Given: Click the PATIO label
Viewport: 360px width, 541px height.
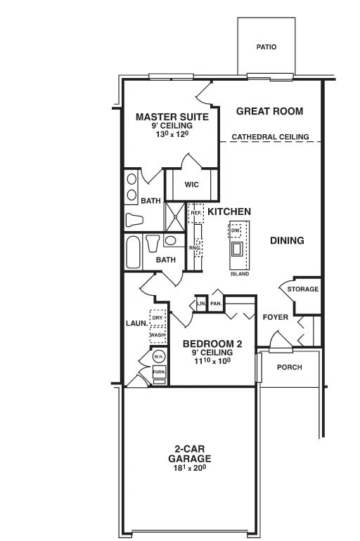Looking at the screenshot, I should (x=266, y=47).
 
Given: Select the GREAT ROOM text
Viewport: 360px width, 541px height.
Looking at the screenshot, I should (x=269, y=111).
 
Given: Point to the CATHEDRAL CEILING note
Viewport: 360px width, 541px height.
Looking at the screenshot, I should (x=270, y=137).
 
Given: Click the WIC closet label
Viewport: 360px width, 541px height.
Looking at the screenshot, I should (x=192, y=185).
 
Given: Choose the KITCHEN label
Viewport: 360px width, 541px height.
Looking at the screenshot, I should (x=229, y=211).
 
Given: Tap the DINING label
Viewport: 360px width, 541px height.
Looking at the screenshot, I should (x=287, y=240).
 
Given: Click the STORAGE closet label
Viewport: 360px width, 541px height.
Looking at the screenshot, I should (x=303, y=289).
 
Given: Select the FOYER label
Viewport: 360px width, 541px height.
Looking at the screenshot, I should (x=276, y=317).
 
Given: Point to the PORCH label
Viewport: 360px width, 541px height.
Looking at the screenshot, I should (x=290, y=367).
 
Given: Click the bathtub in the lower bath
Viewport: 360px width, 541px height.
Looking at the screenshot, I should (x=133, y=252).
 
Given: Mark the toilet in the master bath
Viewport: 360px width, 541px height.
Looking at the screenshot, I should (x=134, y=220).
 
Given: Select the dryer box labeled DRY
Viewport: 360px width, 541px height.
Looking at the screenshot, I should (x=157, y=318).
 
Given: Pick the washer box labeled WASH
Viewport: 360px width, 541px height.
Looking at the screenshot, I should (x=157, y=335).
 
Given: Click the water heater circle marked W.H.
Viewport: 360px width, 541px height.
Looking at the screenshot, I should (x=159, y=357).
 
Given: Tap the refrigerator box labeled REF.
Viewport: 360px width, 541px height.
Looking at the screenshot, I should (x=195, y=212).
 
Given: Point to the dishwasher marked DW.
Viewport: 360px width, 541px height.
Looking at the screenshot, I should (x=236, y=230).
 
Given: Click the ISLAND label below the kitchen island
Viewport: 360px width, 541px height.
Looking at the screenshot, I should (x=239, y=273).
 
